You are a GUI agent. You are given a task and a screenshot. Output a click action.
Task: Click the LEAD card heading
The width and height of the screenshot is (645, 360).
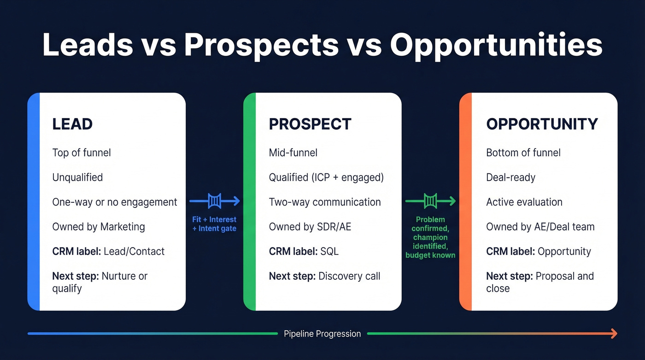click(x=72, y=124)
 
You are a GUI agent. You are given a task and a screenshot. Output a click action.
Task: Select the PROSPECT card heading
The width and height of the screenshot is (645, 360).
click(x=310, y=124)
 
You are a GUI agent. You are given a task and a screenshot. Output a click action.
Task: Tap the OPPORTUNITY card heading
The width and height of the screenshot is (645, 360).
click(x=542, y=124)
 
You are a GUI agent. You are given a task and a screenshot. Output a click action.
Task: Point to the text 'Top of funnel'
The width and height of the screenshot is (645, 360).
click(x=82, y=153)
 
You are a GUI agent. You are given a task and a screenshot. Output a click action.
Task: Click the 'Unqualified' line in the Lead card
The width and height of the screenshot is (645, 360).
click(x=77, y=177)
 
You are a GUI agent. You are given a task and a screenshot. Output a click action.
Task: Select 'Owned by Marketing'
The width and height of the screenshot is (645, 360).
click(x=99, y=227)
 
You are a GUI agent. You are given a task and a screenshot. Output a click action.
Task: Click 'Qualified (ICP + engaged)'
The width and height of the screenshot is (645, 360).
click(x=326, y=177)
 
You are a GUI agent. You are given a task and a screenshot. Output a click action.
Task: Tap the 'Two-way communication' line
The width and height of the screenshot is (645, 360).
click(x=325, y=202)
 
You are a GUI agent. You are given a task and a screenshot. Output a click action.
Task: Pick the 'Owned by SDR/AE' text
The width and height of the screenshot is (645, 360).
click(x=310, y=227)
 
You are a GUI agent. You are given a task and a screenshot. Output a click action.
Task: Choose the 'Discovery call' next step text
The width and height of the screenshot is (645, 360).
click(x=349, y=277)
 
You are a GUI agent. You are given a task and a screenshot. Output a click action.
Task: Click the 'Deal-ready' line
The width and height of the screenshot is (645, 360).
click(x=510, y=177)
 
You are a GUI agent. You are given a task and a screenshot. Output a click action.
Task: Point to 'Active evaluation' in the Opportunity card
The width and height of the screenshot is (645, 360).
click(x=524, y=202)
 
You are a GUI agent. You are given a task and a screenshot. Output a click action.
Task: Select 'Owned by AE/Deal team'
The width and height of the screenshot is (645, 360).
click(x=540, y=227)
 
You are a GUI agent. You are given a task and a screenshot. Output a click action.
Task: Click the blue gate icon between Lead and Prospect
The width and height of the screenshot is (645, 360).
click(x=215, y=201)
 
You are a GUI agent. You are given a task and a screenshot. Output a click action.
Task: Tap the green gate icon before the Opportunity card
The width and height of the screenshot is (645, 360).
click(x=430, y=201)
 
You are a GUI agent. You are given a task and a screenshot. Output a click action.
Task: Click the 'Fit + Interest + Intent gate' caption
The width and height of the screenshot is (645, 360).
click(x=214, y=224)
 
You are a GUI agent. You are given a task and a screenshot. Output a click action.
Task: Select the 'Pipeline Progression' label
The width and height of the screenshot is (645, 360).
click(x=322, y=334)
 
